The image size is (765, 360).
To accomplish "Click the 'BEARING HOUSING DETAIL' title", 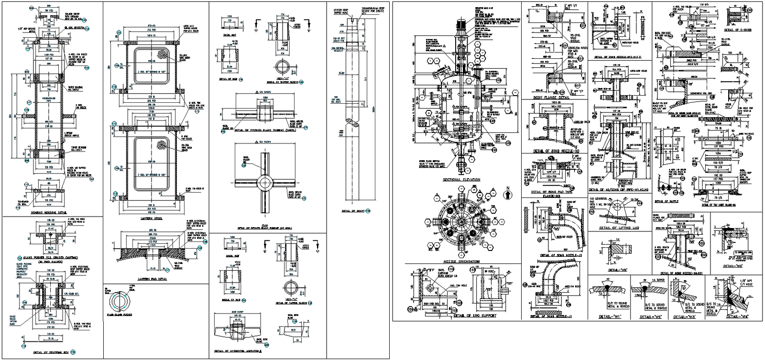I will pyautogui.click(x=49, y=212).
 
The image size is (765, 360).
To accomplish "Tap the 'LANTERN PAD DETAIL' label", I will pyautogui.click(x=152, y=278).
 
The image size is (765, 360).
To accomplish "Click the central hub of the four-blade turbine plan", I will pyautogui.click(x=264, y=182).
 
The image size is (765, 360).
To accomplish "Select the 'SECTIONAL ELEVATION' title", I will pyautogui.click(x=461, y=180).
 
